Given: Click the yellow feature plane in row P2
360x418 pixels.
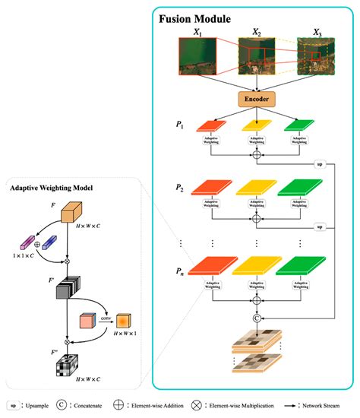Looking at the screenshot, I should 256,187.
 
